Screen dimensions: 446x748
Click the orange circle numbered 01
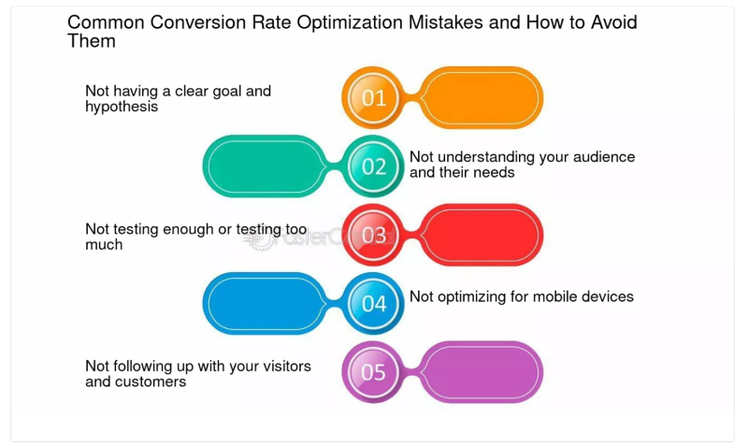[373, 97]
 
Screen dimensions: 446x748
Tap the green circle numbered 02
[373, 166]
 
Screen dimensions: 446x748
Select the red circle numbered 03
[373, 235]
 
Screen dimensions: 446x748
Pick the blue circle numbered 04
[373, 303]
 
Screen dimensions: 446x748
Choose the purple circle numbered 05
[373, 372]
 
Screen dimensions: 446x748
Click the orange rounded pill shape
[481, 97]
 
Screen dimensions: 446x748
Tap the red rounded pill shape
[481, 235]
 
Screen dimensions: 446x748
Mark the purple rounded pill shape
[481, 372]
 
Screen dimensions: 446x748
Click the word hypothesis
[122, 107]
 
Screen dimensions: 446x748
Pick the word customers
[151, 381]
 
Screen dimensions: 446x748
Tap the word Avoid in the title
[613, 22]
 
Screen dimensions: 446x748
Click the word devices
[608, 296]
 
